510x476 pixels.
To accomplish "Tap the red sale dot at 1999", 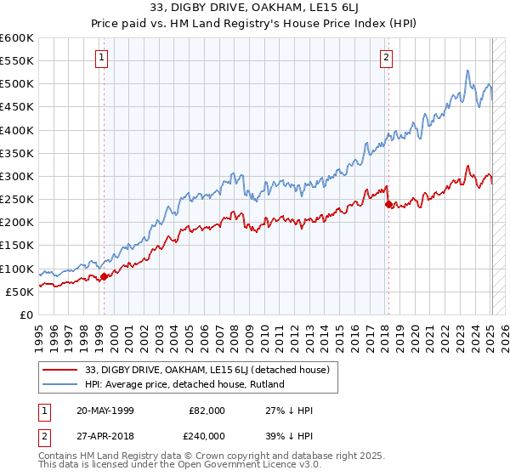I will click(x=105, y=276).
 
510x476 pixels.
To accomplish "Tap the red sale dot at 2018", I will click(x=388, y=204).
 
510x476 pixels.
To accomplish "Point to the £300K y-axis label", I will click(x=17, y=176).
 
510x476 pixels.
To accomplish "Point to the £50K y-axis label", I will click(x=20, y=292).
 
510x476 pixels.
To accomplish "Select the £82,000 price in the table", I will click(x=207, y=411).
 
